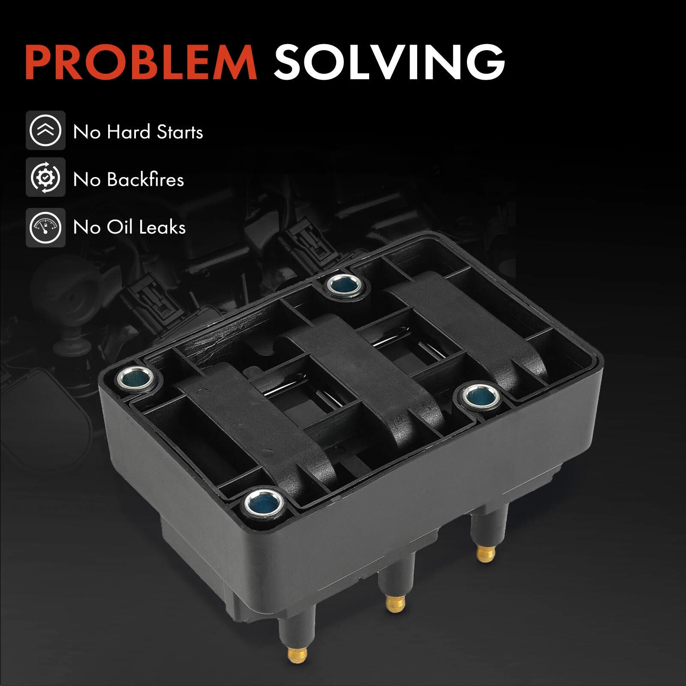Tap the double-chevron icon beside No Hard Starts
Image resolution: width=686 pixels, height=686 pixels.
(45, 130)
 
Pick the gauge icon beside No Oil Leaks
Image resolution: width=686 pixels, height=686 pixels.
(45, 227)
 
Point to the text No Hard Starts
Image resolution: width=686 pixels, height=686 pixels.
(138, 132)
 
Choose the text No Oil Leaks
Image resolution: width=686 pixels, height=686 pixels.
(129, 227)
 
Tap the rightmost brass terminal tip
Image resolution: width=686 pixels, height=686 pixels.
(487, 553)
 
